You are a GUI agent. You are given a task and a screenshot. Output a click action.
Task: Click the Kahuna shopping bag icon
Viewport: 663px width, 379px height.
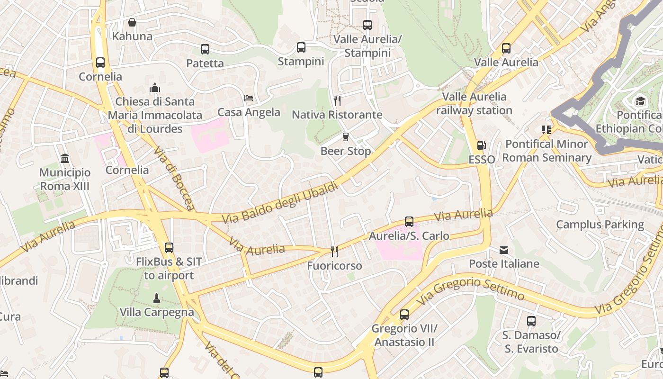click(132, 22)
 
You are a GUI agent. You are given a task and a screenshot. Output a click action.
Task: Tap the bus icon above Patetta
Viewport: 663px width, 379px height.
click(205, 49)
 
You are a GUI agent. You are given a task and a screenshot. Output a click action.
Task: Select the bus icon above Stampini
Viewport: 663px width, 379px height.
click(301, 47)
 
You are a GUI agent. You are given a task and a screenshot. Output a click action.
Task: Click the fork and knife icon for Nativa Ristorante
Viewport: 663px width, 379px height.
click(337, 100)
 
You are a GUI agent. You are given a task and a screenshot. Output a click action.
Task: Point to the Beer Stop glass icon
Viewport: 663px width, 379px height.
click(346, 137)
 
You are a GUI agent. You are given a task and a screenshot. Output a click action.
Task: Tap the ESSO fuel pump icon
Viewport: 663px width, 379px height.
click(481, 145)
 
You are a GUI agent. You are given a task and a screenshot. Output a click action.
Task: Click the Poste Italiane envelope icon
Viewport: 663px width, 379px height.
click(504, 250)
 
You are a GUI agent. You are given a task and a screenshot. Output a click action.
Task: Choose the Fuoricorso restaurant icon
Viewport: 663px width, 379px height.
click(334, 251)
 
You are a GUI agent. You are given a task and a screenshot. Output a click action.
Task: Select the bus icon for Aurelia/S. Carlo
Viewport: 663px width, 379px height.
click(409, 221)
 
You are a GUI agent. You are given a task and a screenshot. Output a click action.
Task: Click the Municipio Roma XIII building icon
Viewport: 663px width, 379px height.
click(65, 158)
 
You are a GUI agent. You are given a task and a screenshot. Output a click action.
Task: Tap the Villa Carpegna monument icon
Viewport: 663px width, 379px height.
click(157, 298)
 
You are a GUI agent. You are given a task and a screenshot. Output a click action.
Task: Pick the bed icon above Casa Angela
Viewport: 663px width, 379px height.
click(249, 98)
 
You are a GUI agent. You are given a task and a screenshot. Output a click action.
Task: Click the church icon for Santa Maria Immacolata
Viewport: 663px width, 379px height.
click(155, 88)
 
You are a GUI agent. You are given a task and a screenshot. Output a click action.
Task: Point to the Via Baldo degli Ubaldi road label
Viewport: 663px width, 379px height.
click(280, 202)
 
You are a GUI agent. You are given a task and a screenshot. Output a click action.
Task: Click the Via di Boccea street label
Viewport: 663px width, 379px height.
click(174, 178)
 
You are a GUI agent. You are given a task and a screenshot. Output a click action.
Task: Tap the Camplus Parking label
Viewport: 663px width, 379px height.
click(600, 225)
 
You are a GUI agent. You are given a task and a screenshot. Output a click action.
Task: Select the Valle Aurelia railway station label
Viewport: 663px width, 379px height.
click(474, 103)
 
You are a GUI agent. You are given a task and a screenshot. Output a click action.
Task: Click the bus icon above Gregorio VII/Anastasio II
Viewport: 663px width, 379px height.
click(404, 314)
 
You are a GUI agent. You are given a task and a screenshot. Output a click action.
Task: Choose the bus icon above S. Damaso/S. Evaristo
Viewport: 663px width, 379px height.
click(531, 321)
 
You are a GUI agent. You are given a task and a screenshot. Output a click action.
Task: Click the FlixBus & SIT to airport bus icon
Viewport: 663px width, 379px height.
click(169, 247)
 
